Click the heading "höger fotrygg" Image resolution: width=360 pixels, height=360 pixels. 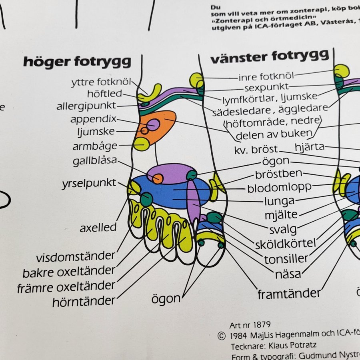[77, 62]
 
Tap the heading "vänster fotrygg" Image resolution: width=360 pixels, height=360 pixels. [270, 57]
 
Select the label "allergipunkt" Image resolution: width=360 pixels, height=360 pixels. [86, 106]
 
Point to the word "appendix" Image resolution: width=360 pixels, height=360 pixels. [93, 119]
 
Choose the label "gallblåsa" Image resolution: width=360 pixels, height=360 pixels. [95, 161]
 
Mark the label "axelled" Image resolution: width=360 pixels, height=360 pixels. [98, 228]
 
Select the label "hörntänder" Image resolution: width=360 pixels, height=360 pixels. [84, 301]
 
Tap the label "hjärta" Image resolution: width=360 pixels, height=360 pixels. [309, 147]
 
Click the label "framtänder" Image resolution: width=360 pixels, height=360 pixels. [289, 294]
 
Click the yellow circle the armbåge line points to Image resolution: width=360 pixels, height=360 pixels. [141, 144]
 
